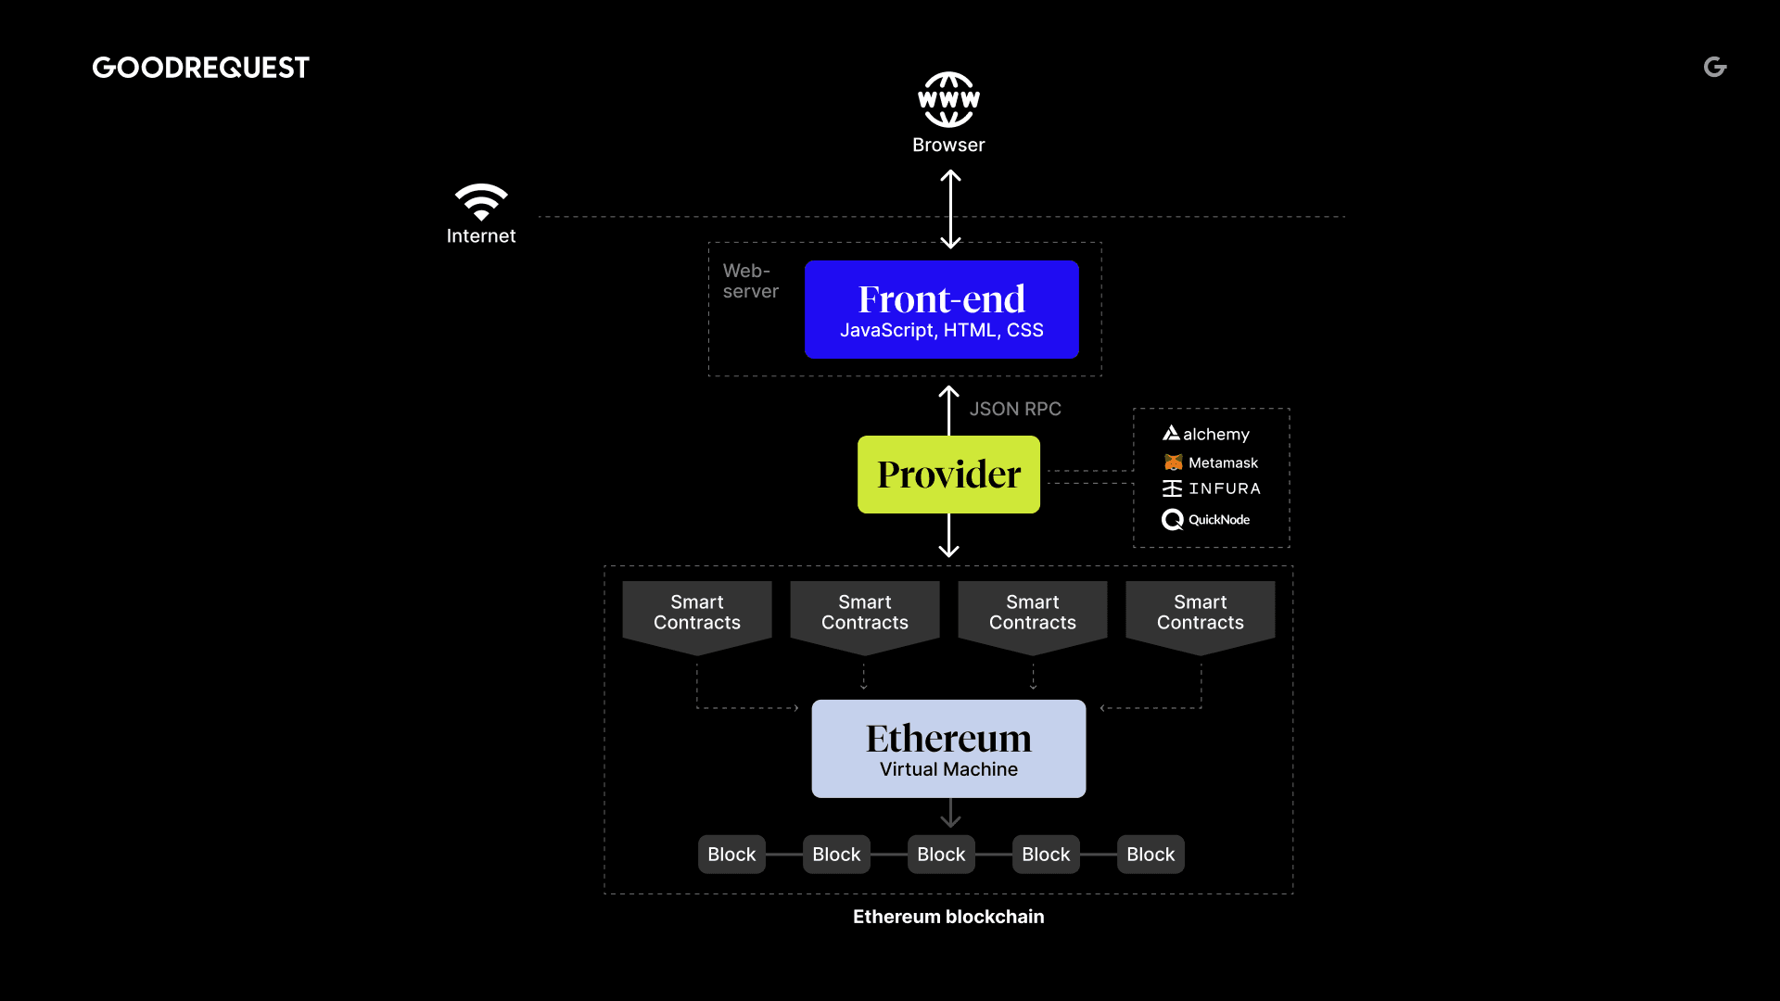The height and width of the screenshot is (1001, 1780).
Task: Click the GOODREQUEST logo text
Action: click(x=200, y=68)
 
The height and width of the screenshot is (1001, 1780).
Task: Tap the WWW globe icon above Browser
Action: click(x=948, y=99)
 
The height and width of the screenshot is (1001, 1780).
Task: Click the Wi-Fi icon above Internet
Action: click(x=481, y=201)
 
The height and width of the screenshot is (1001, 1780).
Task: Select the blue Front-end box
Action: click(x=941, y=310)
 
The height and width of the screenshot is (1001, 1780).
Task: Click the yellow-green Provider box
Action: click(x=948, y=475)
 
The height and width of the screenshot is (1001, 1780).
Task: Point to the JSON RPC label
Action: click(x=1015, y=409)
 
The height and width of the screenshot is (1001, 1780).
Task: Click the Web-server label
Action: click(x=750, y=281)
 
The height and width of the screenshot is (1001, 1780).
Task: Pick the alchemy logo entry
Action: click(x=1206, y=434)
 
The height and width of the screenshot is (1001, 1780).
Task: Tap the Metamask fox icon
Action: click(x=1174, y=462)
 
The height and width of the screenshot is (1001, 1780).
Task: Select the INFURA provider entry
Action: click(x=1212, y=488)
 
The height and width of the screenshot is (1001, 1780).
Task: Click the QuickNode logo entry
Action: click(x=1206, y=520)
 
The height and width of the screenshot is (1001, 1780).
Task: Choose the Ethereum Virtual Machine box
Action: click(x=948, y=749)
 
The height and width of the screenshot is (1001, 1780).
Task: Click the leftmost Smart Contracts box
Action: click(x=697, y=614)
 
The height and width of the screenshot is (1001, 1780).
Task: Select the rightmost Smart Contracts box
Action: click(x=1201, y=614)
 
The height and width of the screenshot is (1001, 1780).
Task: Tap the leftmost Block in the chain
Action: click(x=731, y=855)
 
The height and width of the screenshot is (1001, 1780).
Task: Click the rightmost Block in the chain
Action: click(x=1151, y=855)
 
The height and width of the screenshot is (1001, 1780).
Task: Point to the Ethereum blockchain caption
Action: click(x=948, y=917)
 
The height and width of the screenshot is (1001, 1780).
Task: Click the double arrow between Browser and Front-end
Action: click(x=950, y=209)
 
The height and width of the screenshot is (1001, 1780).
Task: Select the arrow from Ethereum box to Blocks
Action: click(x=950, y=813)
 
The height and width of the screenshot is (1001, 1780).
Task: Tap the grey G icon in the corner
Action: click(x=1715, y=67)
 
